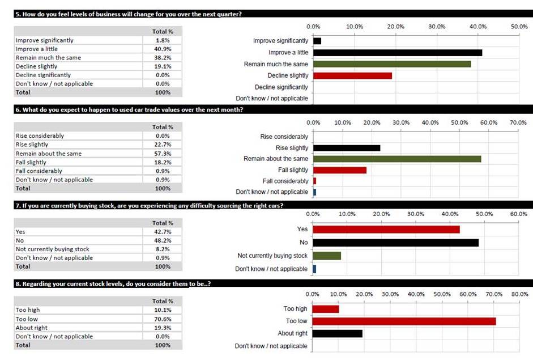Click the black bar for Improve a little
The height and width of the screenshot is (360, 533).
point(398,52)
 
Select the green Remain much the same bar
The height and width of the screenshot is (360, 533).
point(392,64)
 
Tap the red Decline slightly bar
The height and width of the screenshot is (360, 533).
point(352,75)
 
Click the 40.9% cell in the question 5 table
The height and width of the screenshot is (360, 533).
point(163,49)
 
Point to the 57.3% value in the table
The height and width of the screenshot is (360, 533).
point(163,154)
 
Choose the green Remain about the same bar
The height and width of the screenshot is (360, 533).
point(397,159)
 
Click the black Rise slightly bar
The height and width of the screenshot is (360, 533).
point(347,147)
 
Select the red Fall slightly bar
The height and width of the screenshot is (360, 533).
point(340,170)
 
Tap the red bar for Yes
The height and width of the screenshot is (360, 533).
point(386,230)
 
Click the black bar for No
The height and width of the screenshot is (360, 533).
point(396,243)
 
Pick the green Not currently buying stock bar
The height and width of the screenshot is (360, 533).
point(327,256)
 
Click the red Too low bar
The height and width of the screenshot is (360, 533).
point(404,321)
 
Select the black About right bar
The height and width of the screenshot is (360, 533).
point(337,333)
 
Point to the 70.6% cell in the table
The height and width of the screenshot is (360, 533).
point(163,319)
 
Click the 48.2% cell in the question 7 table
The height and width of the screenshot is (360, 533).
point(163,240)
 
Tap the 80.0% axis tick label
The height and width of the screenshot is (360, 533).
point(520,294)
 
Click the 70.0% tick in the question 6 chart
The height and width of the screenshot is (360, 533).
point(518,122)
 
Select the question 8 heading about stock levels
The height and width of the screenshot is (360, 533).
point(113,283)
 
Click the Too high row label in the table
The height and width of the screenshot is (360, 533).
point(28,310)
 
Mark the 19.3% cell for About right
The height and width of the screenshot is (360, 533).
point(163,328)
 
